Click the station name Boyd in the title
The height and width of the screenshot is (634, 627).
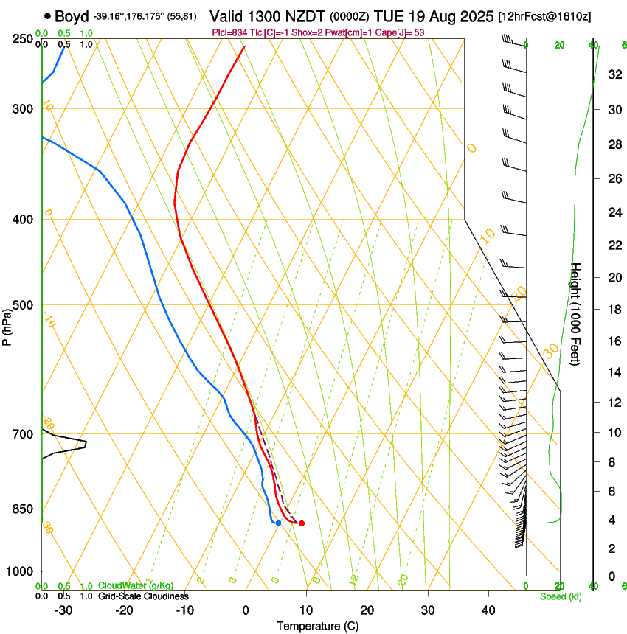point(72,16)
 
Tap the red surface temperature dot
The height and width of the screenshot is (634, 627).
point(302,523)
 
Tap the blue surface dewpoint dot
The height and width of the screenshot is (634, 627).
point(278,523)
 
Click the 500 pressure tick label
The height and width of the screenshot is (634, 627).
point(23,305)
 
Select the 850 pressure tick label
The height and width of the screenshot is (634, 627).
point(23,509)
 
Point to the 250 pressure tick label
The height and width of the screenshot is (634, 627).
point(23,39)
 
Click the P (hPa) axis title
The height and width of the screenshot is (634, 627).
point(7,325)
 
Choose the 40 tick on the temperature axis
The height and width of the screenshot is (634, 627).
point(488,610)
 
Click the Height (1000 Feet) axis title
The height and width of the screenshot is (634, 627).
point(576,313)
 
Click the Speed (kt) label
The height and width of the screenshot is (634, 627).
point(561,596)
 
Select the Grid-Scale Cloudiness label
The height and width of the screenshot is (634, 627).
point(143,596)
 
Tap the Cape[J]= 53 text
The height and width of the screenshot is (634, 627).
point(402,32)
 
